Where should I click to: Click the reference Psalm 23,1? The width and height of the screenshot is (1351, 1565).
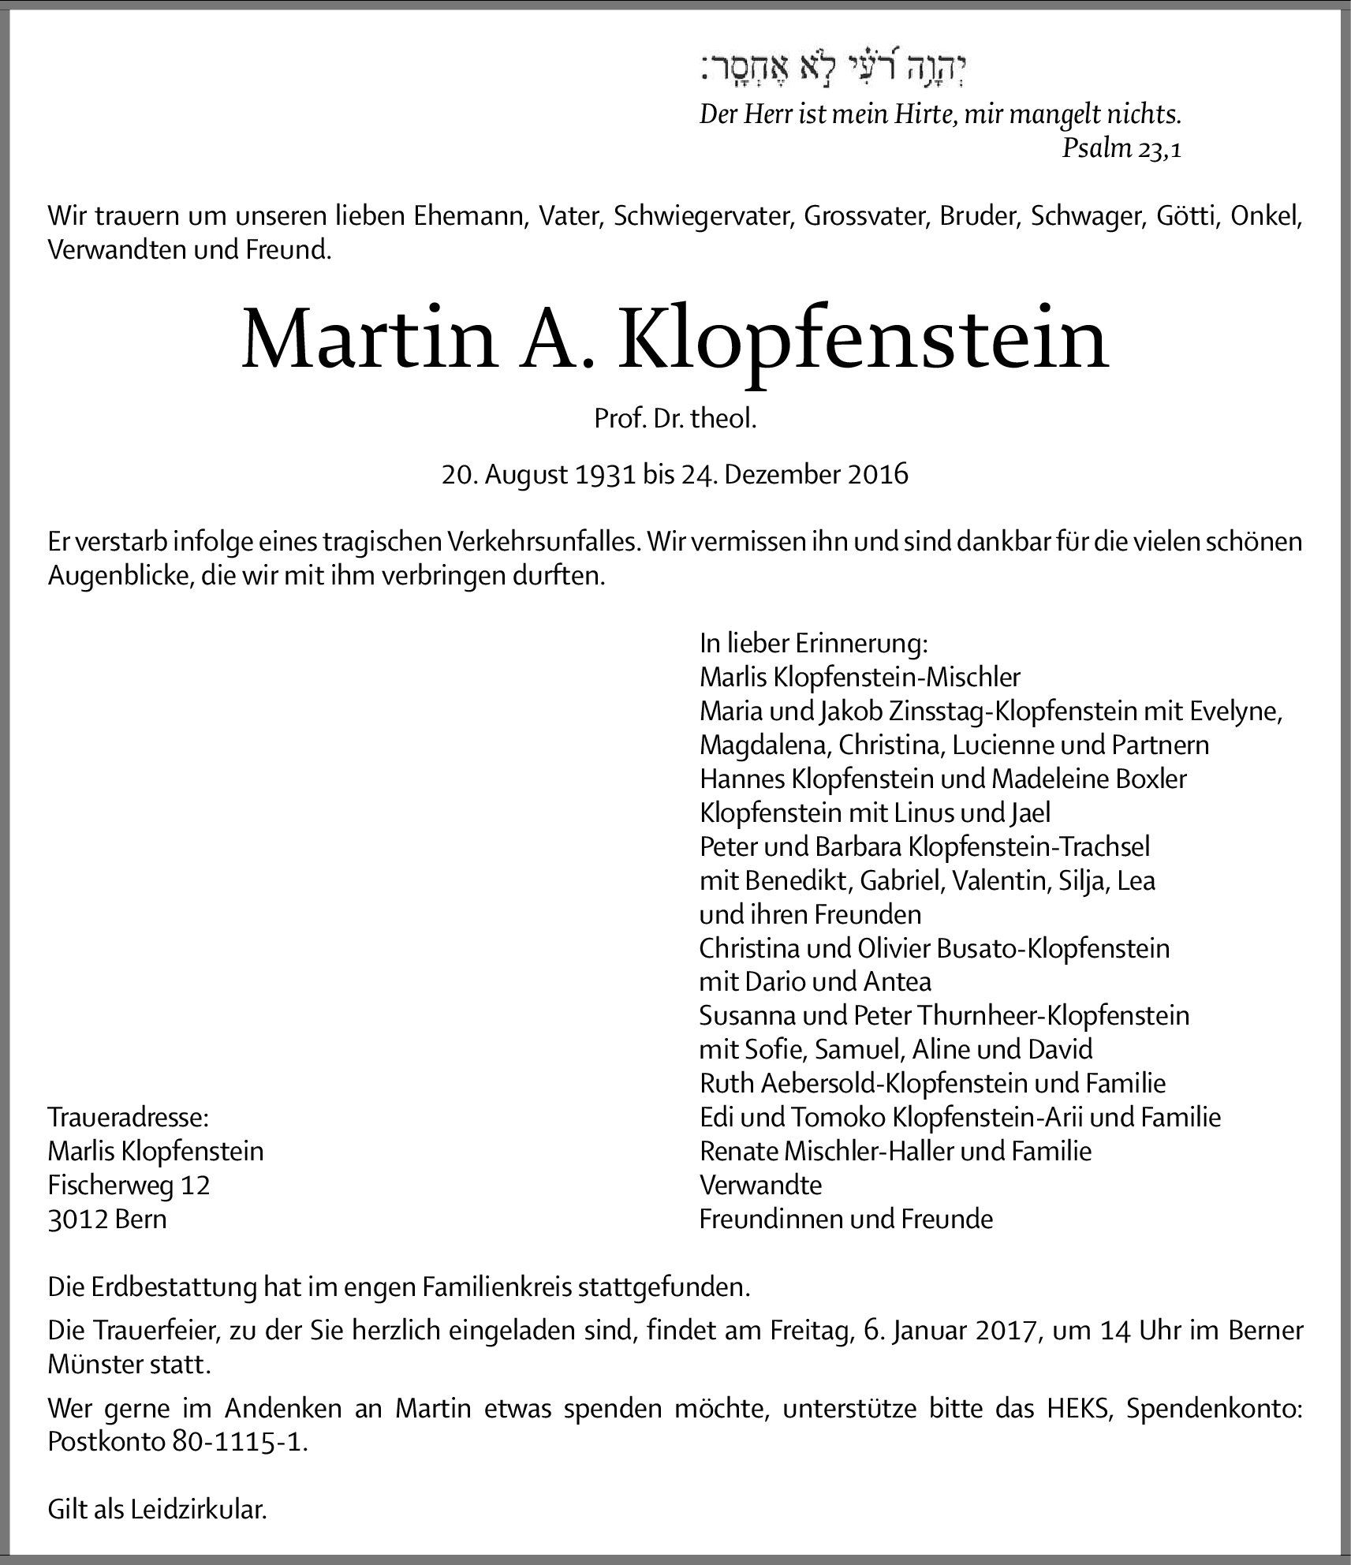pyautogui.click(x=1121, y=148)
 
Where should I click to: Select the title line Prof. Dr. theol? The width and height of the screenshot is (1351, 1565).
pyautogui.click(x=675, y=419)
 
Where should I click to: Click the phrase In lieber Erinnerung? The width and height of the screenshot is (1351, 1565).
pyautogui.click(x=814, y=644)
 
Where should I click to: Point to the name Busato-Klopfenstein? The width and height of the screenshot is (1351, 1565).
pyautogui.click(x=1053, y=948)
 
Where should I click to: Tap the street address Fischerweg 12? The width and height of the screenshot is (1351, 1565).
pyautogui.click(x=129, y=1185)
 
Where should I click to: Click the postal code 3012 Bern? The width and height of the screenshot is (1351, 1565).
pyautogui.click(x=107, y=1220)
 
